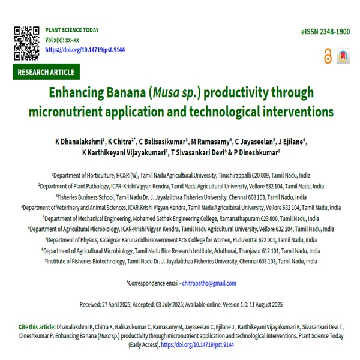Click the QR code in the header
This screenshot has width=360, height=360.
(26, 42)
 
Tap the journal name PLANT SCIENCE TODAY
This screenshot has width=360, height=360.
(72, 30)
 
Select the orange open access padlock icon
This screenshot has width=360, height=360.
(328, 56)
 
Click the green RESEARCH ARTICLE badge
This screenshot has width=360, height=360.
(46, 73)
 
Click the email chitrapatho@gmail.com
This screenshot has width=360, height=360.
(209, 283)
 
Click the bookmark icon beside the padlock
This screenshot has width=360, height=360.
(343, 56)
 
